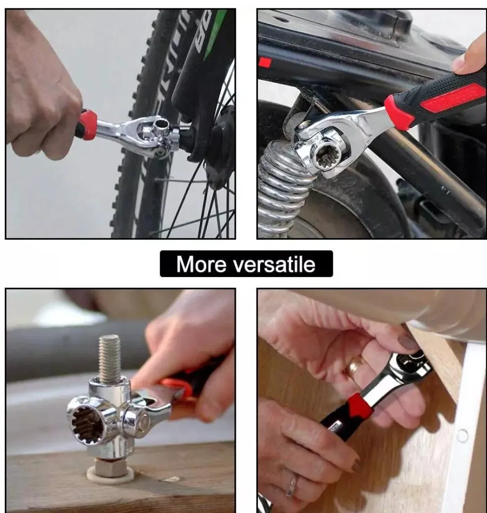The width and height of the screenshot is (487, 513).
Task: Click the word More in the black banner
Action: (201, 264)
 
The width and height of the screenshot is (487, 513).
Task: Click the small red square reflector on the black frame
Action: (265, 63)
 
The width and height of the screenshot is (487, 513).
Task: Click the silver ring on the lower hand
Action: (292, 486)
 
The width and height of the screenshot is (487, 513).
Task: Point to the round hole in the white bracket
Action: (462, 435)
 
